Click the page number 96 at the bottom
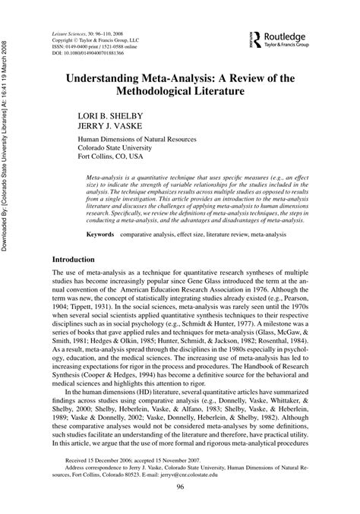pyautogui.click(x=180, y=487)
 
